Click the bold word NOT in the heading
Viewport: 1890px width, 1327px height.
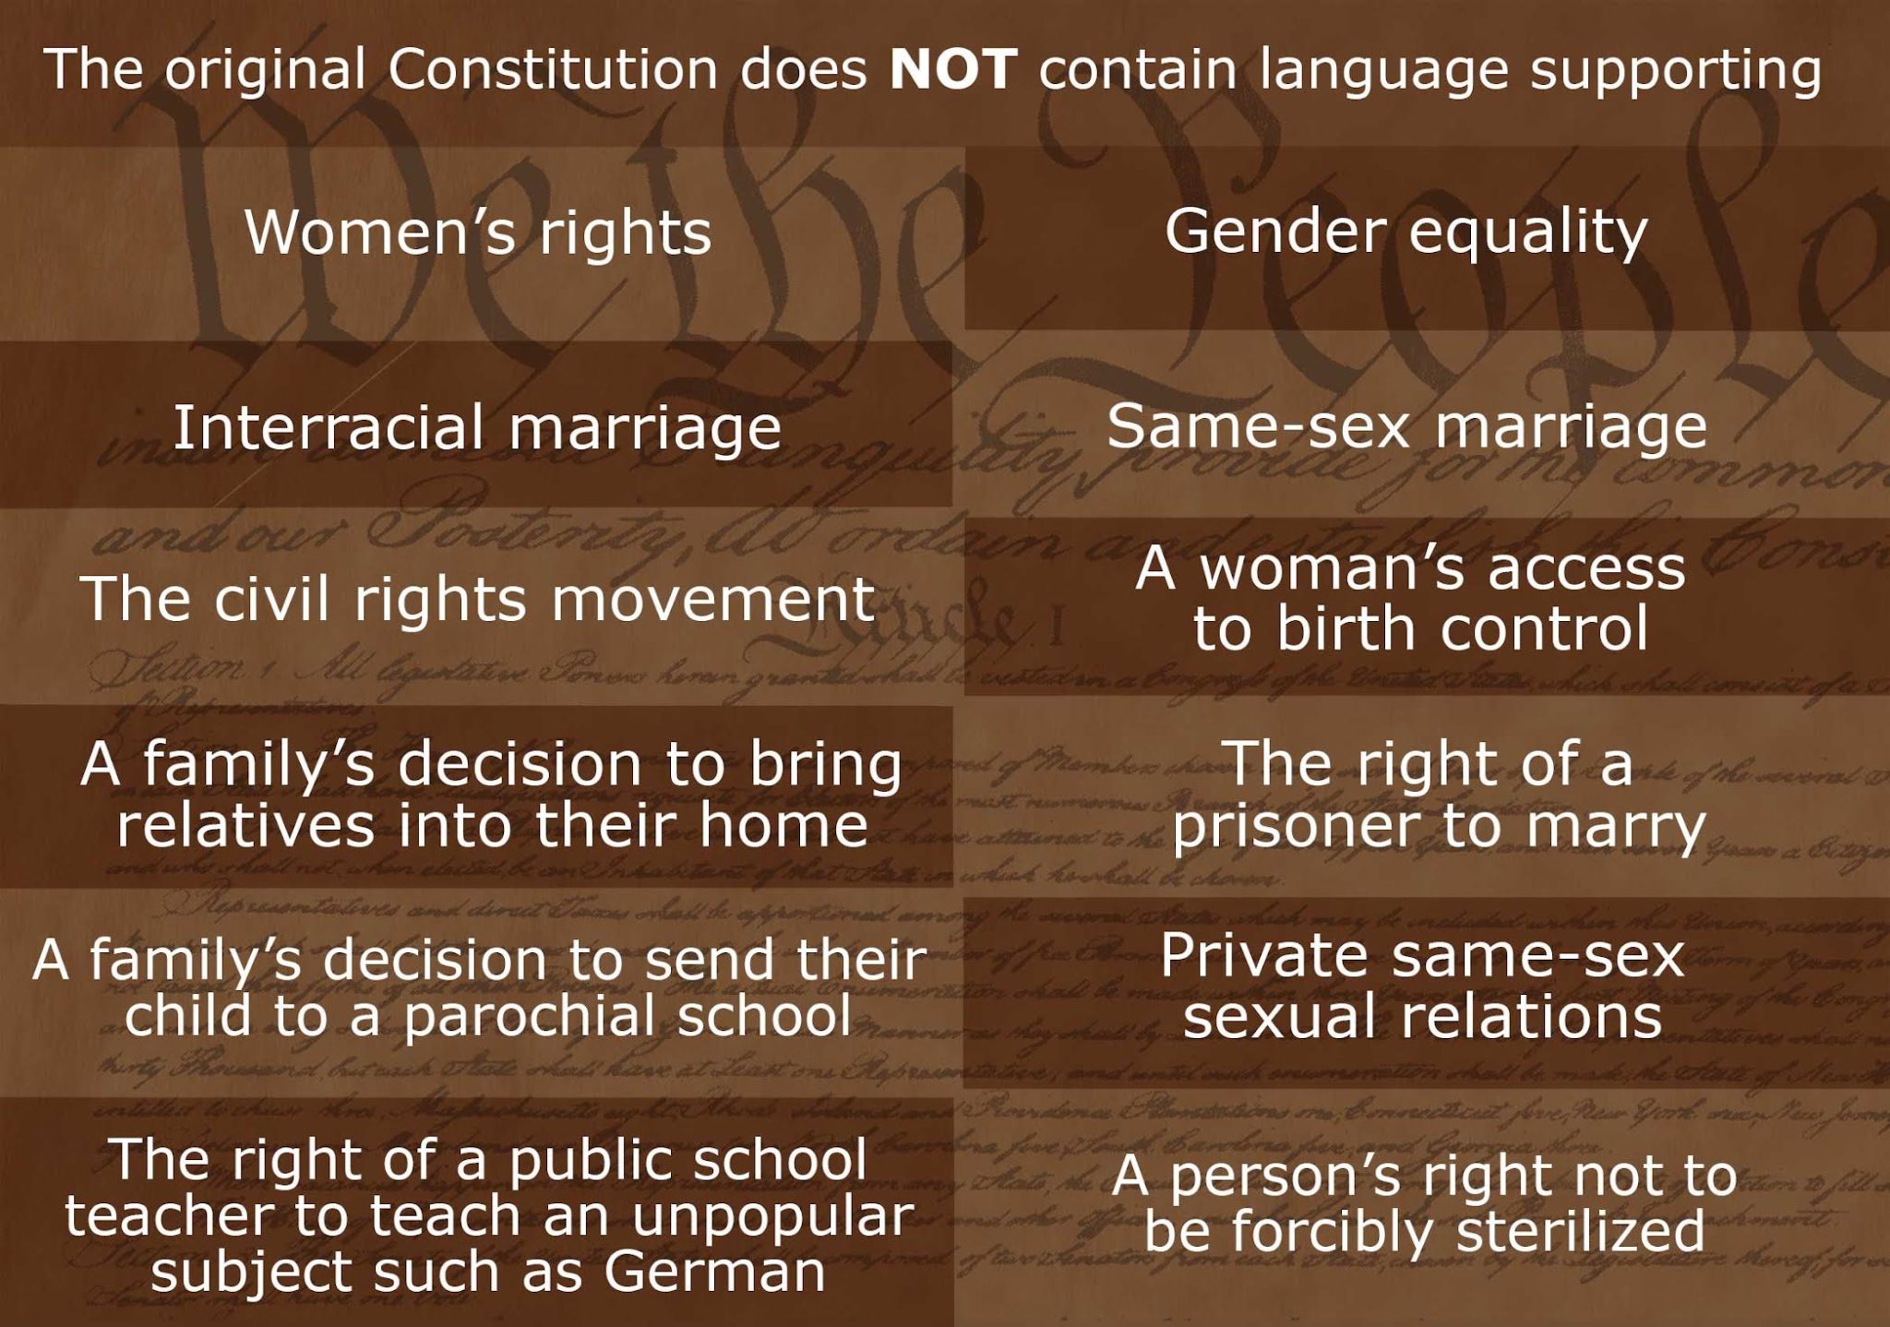coord(953,70)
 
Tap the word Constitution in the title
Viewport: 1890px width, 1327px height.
coord(552,70)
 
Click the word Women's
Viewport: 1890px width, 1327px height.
coord(379,232)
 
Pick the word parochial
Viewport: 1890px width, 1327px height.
coord(532,1015)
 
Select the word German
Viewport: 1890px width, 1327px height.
coord(714,1272)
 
